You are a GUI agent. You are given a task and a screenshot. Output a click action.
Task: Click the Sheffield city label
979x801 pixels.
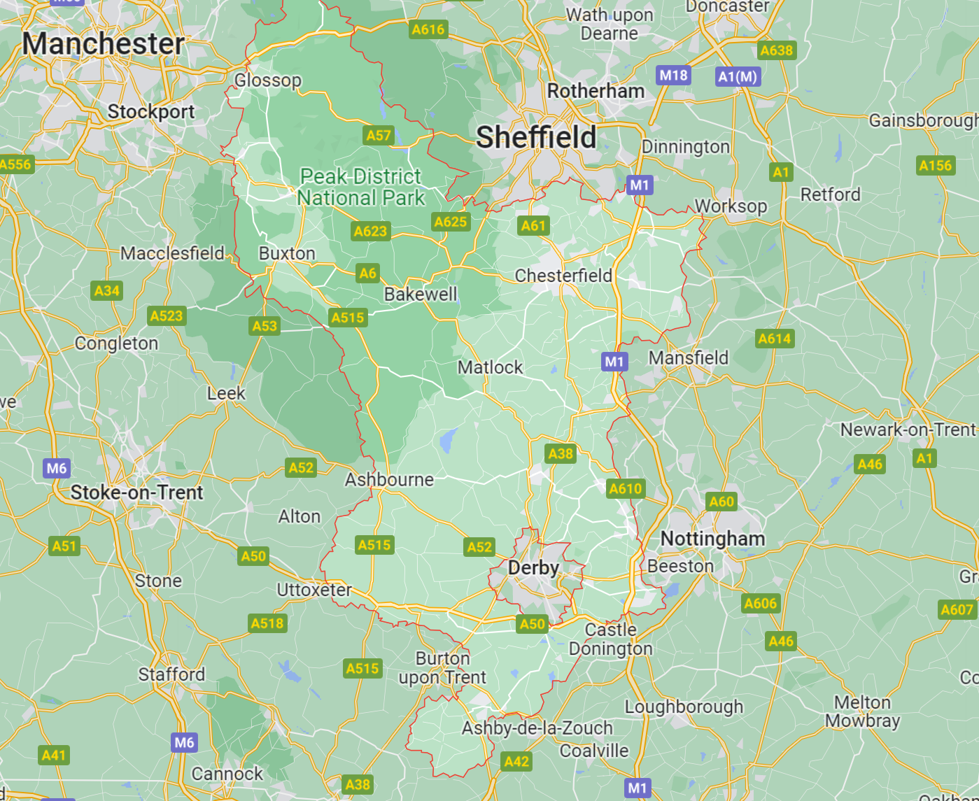click(x=536, y=137)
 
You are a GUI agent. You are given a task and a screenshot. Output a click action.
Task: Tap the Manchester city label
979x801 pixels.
click(x=104, y=44)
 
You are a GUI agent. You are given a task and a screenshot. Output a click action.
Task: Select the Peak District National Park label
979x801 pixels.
click(x=361, y=187)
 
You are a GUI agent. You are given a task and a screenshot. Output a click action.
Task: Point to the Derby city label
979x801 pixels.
click(x=533, y=568)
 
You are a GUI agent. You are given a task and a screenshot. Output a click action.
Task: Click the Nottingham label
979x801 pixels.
click(x=712, y=539)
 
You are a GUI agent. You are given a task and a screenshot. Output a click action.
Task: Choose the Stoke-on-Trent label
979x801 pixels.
click(x=137, y=492)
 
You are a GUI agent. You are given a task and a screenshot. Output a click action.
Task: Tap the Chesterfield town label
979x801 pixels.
click(x=563, y=276)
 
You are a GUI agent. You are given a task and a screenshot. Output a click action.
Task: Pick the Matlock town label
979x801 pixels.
click(x=490, y=367)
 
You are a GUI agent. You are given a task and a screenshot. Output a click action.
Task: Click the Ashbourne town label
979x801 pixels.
click(x=389, y=480)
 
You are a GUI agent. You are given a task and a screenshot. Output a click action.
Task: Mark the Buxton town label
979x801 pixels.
click(x=287, y=253)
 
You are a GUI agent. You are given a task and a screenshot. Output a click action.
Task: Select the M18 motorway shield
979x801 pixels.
click(x=673, y=76)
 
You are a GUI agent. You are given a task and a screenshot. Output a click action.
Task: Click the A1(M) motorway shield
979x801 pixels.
click(x=738, y=77)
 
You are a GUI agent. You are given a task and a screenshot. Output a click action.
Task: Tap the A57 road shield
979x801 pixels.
click(x=379, y=135)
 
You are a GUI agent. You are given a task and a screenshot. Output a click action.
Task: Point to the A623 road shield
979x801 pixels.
click(x=370, y=231)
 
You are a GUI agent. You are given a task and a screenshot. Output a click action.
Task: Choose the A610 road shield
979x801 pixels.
click(x=625, y=488)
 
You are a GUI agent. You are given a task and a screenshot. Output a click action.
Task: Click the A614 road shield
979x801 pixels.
click(x=775, y=339)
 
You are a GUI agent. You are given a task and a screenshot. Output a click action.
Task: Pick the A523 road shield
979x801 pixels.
click(x=167, y=316)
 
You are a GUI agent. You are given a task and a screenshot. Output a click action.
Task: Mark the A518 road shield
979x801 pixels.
click(x=267, y=623)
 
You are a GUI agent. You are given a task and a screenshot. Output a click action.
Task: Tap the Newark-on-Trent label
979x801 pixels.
click(x=908, y=430)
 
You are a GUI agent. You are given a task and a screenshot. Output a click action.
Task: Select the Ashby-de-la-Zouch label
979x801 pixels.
click(x=537, y=728)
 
